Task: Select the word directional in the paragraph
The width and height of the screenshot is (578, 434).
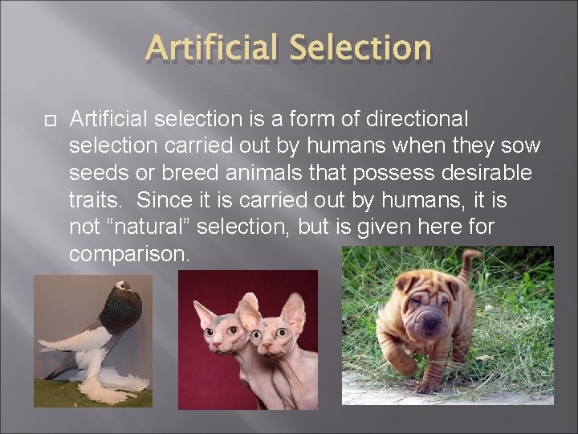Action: [x=416, y=119]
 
